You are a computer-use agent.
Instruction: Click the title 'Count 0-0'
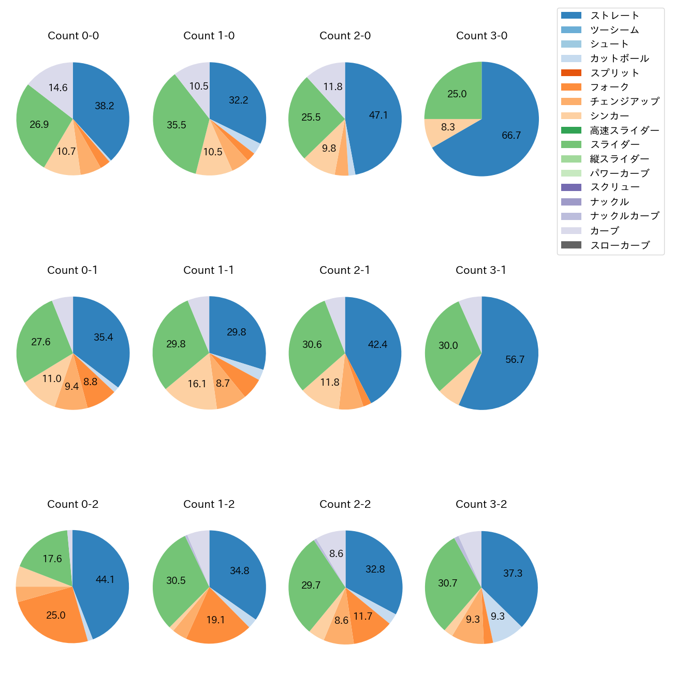point(73,36)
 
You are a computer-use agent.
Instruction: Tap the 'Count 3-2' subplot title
point(481,504)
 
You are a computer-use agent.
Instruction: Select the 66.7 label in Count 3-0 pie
point(511,135)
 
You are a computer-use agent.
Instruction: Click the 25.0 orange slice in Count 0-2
point(56,615)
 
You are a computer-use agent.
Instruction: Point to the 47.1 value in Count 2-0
point(378,115)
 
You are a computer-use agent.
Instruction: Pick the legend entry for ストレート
point(615,16)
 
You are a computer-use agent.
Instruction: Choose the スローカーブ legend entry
point(620,245)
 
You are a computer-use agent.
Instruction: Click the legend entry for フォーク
point(609,87)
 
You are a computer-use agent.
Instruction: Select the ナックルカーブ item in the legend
point(624,216)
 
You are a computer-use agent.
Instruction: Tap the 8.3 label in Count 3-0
point(448,127)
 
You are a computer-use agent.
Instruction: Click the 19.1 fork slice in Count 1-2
point(215,620)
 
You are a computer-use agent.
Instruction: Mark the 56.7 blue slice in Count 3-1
point(515,359)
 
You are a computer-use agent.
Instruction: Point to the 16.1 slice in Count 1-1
point(197,384)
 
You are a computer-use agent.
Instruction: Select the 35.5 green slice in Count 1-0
point(177,125)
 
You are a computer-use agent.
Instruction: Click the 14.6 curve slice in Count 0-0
point(58,87)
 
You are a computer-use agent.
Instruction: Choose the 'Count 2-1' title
point(345,270)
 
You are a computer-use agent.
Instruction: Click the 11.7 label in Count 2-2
point(362,616)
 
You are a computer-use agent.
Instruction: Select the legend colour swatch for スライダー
point(571,144)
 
